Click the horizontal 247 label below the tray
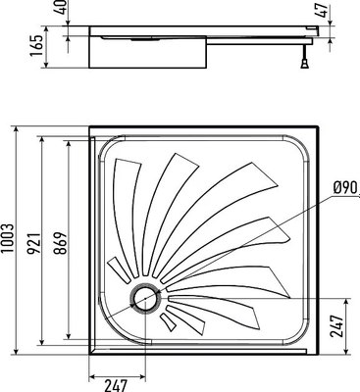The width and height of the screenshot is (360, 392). pyautogui.click(x=117, y=384)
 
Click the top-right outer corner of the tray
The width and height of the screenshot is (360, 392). pyautogui.click(x=320, y=127)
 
